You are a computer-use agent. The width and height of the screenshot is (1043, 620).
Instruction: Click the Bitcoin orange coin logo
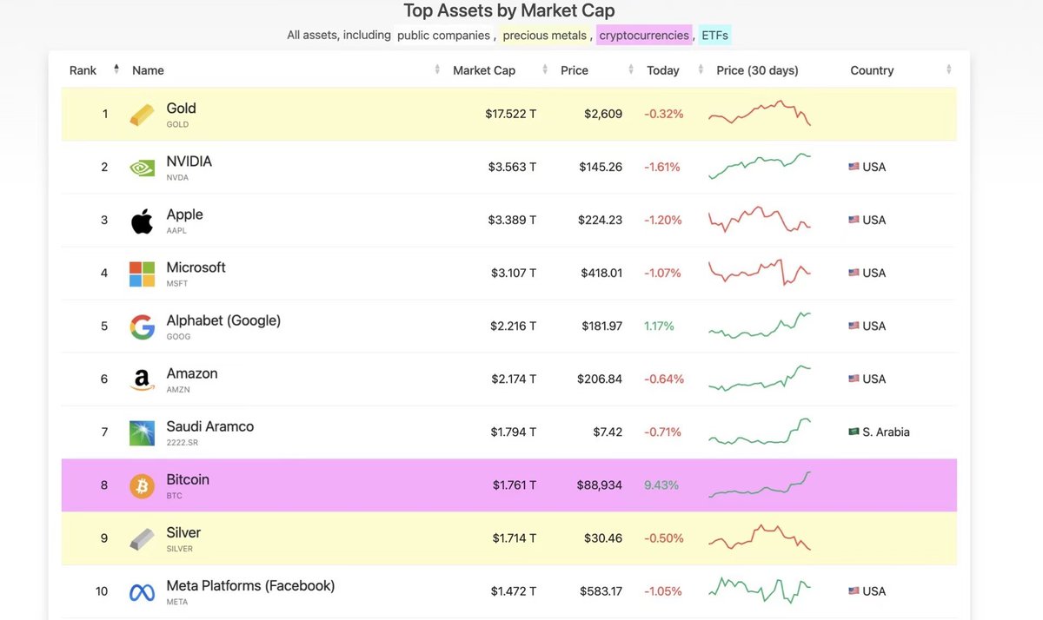(x=142, y=485)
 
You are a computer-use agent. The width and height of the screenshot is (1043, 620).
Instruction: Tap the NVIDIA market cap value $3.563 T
(x=512, y=167)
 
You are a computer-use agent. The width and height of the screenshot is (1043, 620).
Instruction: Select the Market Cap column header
(x=484, y=70)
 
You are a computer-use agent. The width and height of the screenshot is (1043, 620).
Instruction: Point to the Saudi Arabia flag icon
(x=854, y=432)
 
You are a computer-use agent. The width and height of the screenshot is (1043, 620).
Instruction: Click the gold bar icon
(x=142, y=115)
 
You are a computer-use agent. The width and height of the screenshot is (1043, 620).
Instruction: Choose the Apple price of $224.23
(x=600, y=220)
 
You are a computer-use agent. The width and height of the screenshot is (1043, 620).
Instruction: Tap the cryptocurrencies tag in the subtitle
(x=644, y=36)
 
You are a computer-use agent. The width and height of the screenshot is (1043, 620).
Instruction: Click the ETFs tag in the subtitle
(x=714, y=36)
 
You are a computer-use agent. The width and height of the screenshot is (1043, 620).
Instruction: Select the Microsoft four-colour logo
(x=142, y=274)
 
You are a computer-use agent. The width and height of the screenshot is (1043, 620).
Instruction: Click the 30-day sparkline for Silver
(x=760, y=538)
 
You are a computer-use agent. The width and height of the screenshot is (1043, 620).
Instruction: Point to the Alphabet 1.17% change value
(x=659, y=326)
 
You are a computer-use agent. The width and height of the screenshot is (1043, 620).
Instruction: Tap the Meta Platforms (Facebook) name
(x=250, y=585)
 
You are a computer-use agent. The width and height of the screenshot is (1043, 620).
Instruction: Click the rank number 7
(x=104, y=432)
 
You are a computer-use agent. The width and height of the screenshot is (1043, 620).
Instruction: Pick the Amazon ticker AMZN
(x=177, y=390)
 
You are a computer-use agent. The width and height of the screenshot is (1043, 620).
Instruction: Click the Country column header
(x=872, y=70)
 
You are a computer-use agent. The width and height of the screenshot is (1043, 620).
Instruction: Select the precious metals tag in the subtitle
(x=544, y=36)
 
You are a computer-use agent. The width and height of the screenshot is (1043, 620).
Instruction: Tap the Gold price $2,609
(x=602, y=114)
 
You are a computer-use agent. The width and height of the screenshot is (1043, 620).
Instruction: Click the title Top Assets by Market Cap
(x=509, y=11)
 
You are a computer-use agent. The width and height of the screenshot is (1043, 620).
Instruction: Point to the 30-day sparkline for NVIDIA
(x=760, y=166)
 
